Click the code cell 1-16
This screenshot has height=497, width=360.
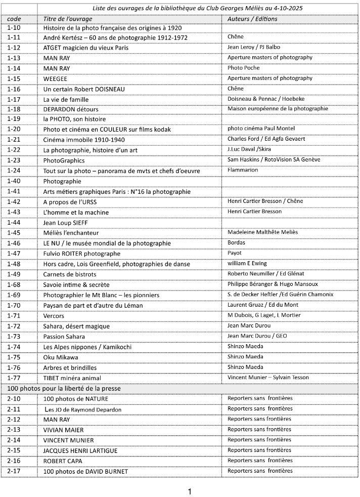14,89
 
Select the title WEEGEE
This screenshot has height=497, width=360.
56,78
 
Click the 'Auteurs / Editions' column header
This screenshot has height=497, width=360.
252,19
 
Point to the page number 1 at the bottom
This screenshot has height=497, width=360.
190,491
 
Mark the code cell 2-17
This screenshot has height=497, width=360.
14,471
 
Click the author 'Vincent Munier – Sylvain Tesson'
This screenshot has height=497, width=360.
268,378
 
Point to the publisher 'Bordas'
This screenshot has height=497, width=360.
236,242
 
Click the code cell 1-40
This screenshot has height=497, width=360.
14,181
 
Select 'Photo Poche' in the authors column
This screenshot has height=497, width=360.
243,68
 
